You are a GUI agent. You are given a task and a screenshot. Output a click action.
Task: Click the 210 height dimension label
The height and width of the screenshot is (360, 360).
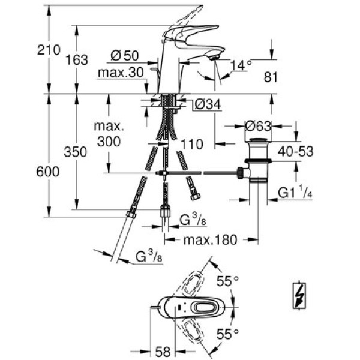[x=49, y=50]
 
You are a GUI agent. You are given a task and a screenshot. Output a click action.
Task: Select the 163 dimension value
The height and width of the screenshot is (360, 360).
[x=77, y=60]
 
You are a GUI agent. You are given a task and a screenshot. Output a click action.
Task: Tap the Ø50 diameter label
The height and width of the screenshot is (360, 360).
[x=125, y=56]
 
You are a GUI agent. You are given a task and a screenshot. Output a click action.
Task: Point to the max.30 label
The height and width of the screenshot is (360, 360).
[x=121, y=73]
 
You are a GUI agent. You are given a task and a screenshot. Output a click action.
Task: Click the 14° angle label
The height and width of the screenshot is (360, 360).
[x=241, y=65]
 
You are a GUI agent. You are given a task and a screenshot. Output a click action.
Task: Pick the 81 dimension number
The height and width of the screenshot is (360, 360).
[x=271, y=77]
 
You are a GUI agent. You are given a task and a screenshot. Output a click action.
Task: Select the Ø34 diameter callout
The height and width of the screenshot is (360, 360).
[x=208, y=104]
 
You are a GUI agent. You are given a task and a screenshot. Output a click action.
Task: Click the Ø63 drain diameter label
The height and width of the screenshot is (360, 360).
[x=258, y=126]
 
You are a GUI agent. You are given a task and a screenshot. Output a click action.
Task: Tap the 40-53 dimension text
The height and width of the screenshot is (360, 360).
[x=296, y=152]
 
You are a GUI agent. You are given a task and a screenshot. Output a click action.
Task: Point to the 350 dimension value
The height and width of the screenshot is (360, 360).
[x=76, y=152]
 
